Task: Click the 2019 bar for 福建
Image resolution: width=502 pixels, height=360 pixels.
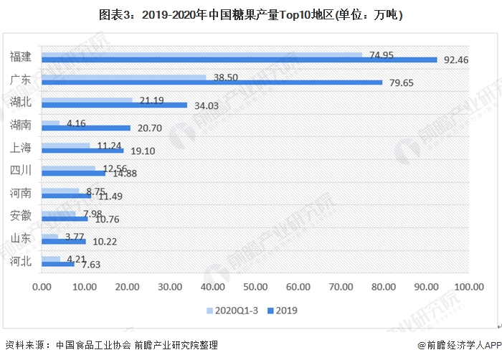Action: (x=240, y=60)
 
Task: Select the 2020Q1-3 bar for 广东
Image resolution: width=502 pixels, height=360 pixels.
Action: (x=124, y=77)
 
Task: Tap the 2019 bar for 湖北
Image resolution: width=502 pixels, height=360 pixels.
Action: (x=115, y=105)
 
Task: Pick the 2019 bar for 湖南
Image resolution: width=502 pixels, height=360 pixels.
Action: (x=86, y=128)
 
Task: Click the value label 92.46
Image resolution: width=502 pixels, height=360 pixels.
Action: (x=456, y=60)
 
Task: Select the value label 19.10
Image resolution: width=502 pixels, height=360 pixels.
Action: (x=142, y=151)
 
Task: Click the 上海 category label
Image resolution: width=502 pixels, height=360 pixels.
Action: (x=21, y=148)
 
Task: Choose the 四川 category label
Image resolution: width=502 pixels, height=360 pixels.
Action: (x=21, y=171)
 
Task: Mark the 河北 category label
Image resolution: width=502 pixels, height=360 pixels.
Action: (x=21, y=261)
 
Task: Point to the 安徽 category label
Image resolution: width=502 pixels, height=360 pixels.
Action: (x=21, y=216)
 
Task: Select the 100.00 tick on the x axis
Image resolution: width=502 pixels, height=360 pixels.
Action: (x=469, y=287)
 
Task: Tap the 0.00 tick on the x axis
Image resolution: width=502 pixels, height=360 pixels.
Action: (x=42, y=287)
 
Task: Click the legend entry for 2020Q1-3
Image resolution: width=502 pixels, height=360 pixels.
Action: (x=233, y=311)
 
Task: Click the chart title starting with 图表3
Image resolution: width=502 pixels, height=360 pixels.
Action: (x=250, y=14)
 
